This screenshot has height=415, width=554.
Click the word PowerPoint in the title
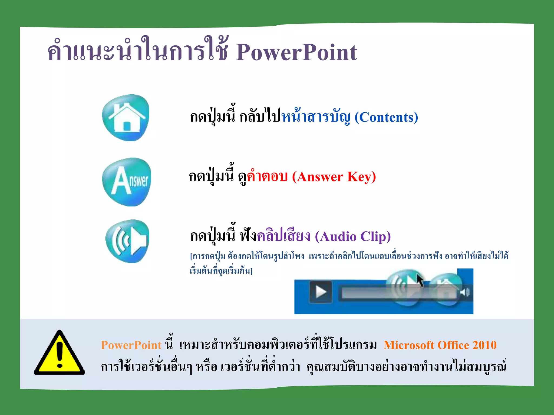pyautogui.click(x=297, y=52)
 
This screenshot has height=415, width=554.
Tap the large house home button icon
pyautogui.click(x=126, y=118)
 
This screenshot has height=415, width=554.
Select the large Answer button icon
pyautogui.click(x=127, y=182)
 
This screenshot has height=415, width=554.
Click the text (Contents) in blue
pyautogui.click(x=386, y=118)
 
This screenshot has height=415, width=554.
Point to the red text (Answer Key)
pyautogui.click(x=334, y=177)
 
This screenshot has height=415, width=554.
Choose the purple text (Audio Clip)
pyautogui.click(x=353, y=236)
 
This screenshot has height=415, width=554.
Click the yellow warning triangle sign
pyautogui.click(x=60, y=354)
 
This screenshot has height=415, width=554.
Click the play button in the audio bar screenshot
pyautogui.click(x=321, y=292)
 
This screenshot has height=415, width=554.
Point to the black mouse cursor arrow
pyautogui.click(x=420, y=280)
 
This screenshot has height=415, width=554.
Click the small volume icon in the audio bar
pyautogui.click(x=465, y=292)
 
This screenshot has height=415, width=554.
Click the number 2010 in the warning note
pyautogui.click(x=484, y=345)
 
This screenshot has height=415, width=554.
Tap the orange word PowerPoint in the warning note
pyautogui.click(x=131, y=345)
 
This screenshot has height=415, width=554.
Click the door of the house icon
pyautogui.click(x=127, y=126)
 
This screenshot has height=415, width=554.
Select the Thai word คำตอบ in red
pyautogui.click(x=267, y=176)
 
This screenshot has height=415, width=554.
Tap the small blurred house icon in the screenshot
pyautogui.click(x=445, y=290)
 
